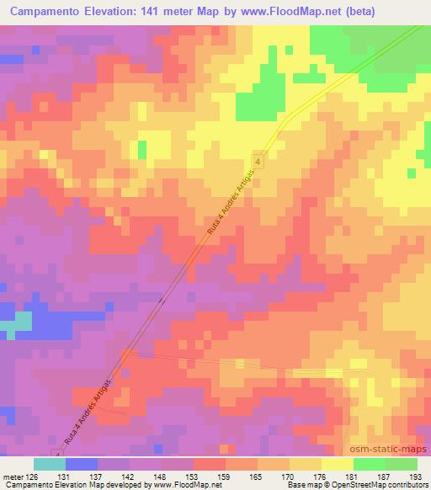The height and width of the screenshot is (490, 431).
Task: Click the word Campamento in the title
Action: pyautogui.click(x=45, y=12)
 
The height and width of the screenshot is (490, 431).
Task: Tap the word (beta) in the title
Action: pyautogui.click(x=332, y=12)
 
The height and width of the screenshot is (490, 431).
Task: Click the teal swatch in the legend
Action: pyautogui.click(x=50, y=464)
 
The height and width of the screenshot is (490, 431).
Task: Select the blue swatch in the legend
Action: pyautogui.click(x=82, y=464)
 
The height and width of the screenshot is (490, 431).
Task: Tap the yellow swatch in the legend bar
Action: pyautogui.click(x=337, y=464)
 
